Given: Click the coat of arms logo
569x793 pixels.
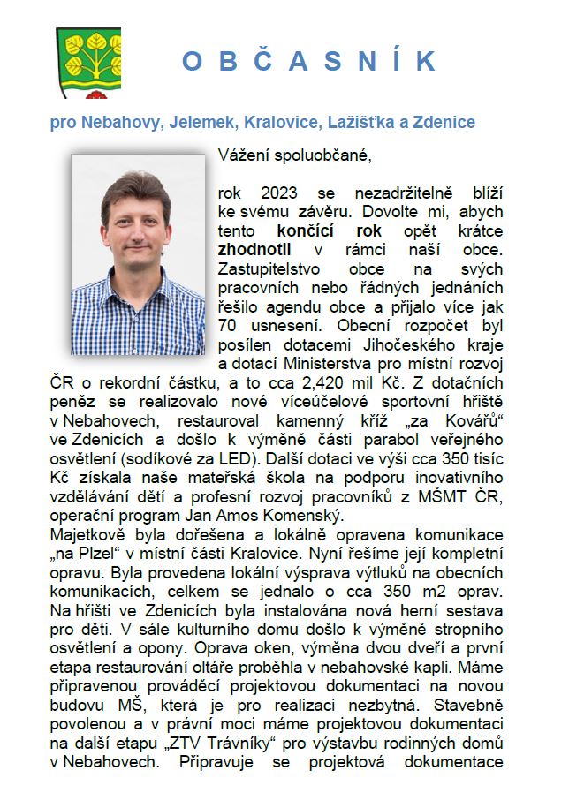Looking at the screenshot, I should [x=87, y=62].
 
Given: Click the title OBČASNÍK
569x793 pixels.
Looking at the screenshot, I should [x=308, y=61].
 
